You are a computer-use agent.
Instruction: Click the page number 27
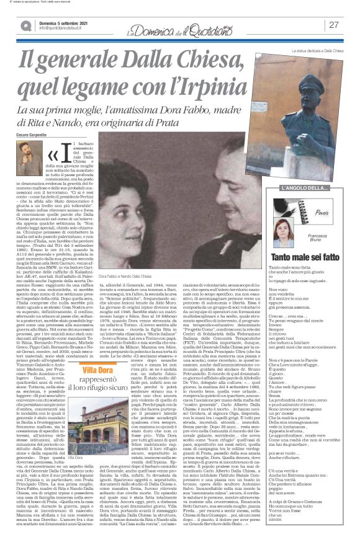[x=334, y=25]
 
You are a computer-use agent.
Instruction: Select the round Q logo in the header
[x=25, y=25]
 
